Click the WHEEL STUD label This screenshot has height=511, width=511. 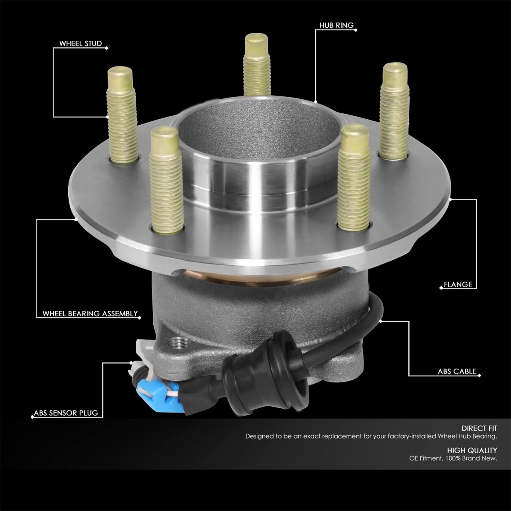80,43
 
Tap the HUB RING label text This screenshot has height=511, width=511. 336,26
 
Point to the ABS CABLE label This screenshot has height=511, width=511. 457,371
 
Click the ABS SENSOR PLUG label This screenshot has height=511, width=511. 66,413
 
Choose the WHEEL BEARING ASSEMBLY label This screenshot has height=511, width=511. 90,314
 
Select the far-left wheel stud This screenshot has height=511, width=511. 122,115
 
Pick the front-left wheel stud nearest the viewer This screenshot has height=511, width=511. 166,180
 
